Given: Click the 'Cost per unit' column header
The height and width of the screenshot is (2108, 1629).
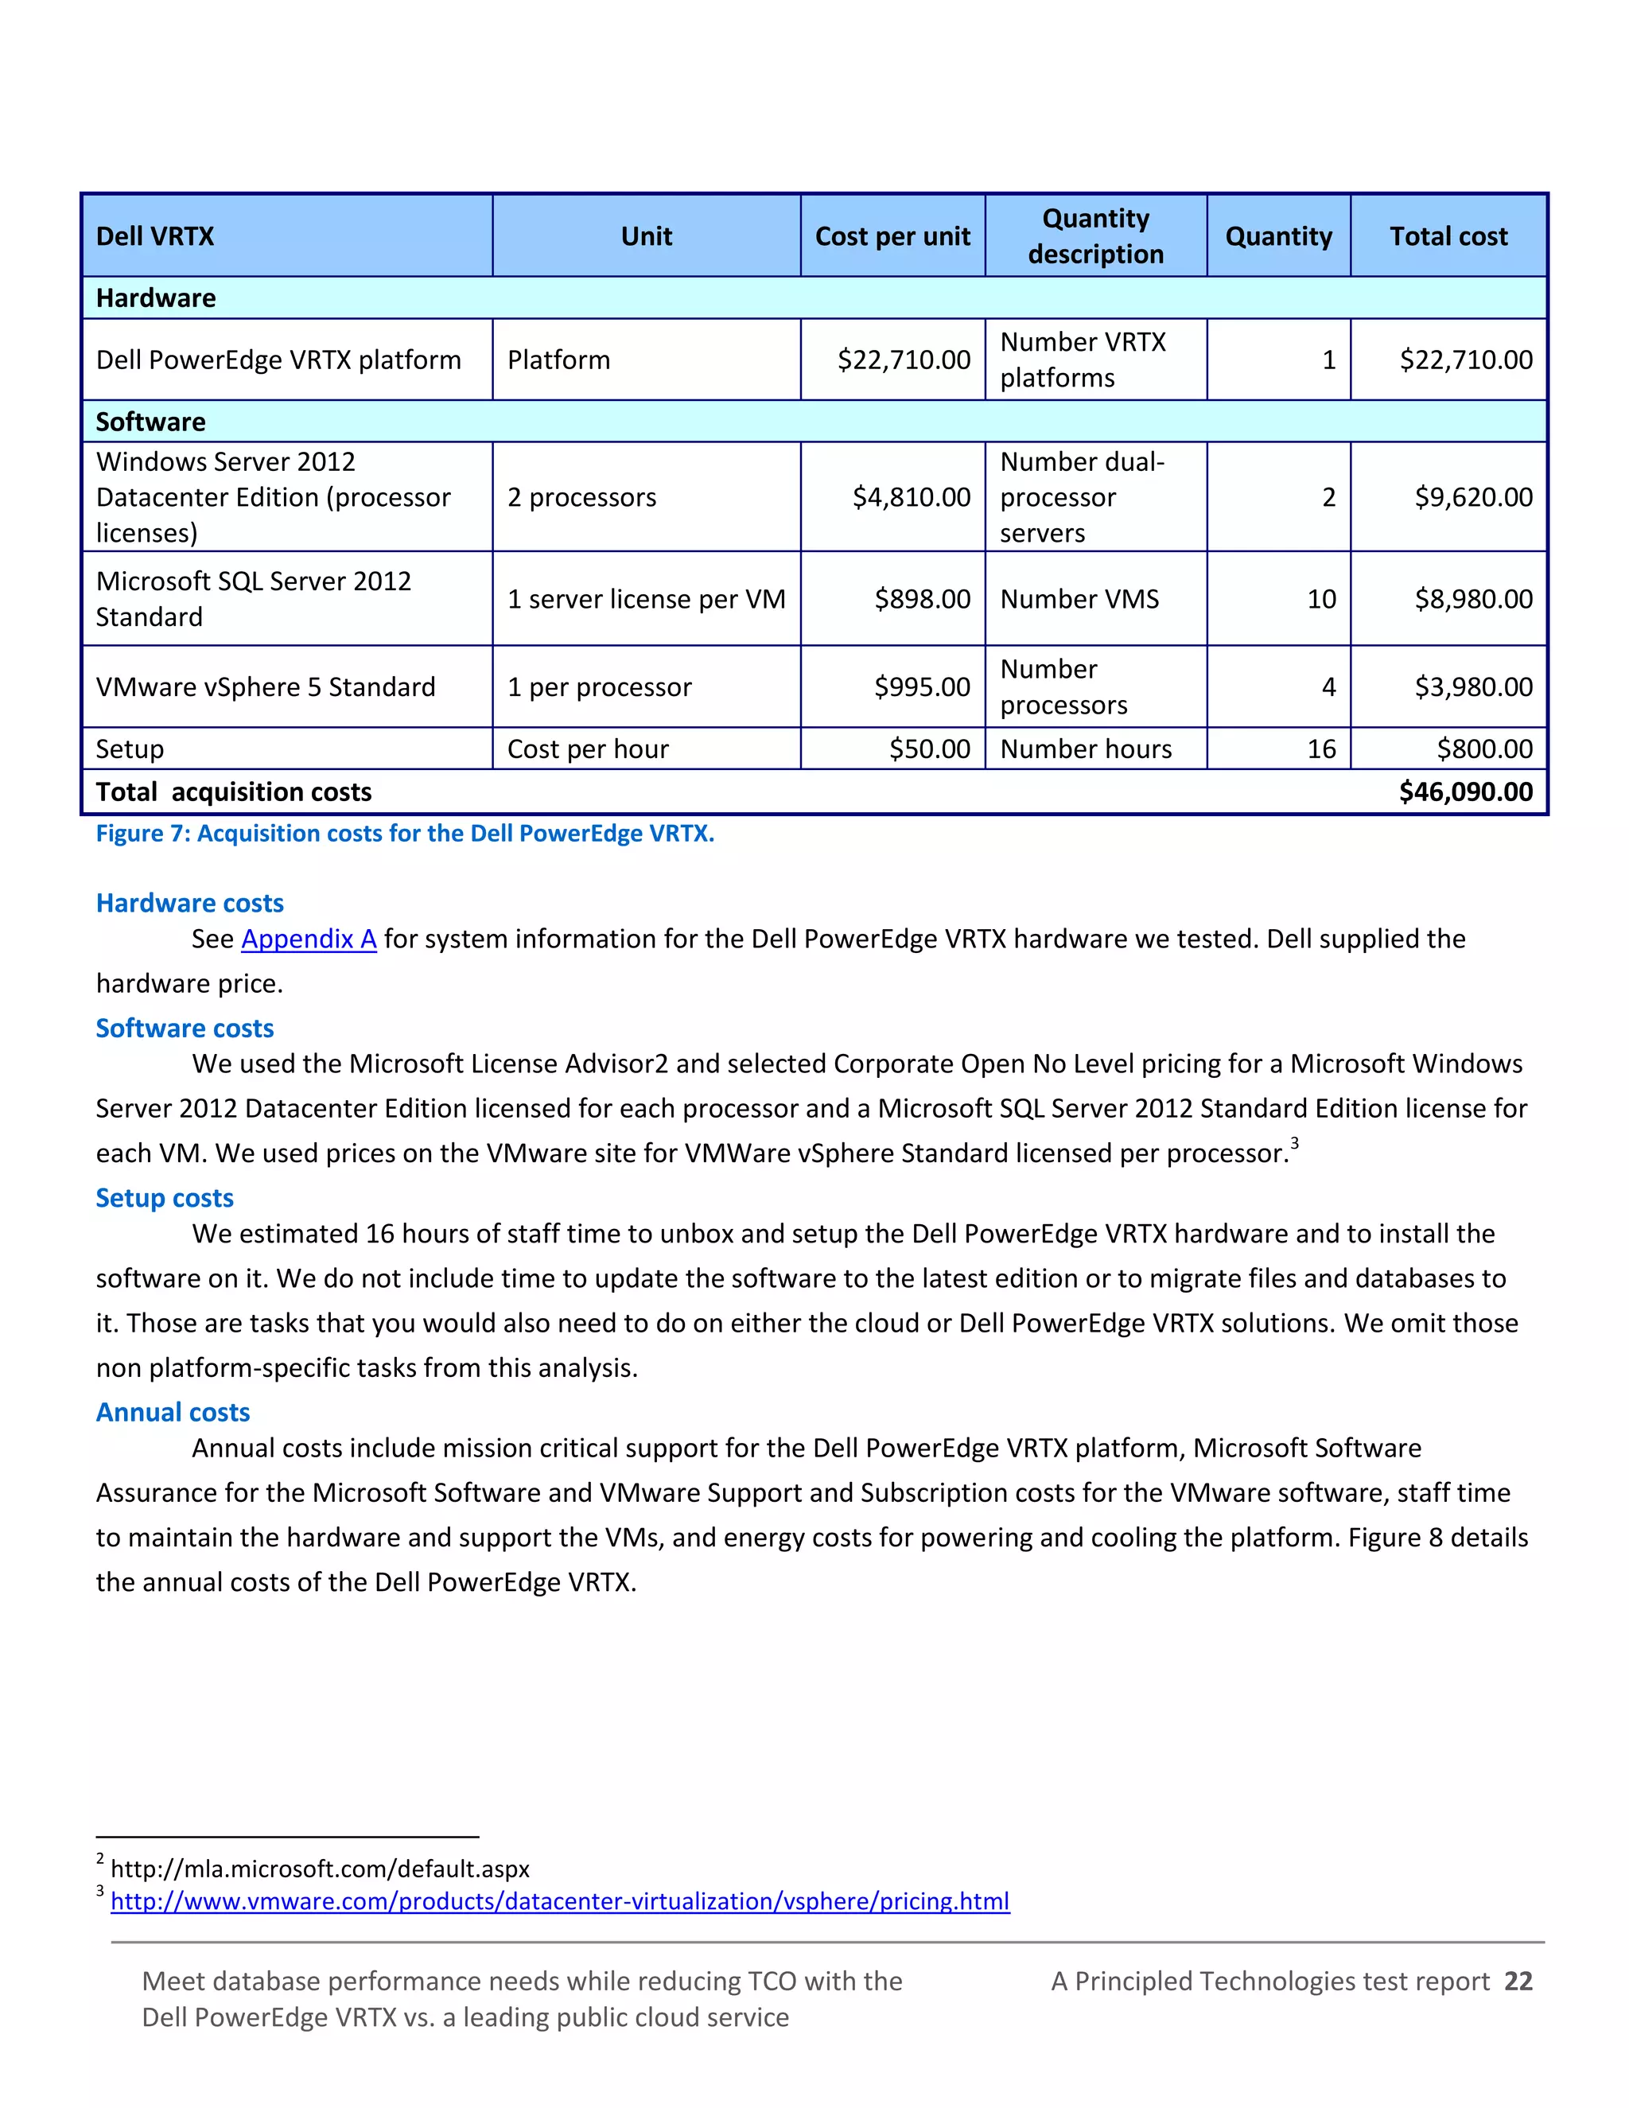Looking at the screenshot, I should tap(892, 236).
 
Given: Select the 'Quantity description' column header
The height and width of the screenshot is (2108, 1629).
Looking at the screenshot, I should tap(1095, 236).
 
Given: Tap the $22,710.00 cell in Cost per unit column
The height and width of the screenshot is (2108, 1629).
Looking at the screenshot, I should tap(904, 360).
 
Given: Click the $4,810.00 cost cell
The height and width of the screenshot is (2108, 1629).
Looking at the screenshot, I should tap(911, 497).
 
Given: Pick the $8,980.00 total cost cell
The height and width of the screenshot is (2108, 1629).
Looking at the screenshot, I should tap(1472, 600).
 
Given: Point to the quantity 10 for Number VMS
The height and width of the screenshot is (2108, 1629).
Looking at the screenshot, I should tap(1321, 600).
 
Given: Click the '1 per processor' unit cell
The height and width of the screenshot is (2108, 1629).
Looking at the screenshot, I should tap(599, 687).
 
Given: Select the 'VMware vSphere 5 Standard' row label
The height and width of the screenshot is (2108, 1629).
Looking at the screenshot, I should tap(266, 687).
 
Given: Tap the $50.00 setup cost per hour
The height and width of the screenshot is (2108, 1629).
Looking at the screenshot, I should tap(929, 749).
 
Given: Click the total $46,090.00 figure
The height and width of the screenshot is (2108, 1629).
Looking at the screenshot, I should tap(1465, 792).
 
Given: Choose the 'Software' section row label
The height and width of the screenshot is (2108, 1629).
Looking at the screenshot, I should tap(150, 422).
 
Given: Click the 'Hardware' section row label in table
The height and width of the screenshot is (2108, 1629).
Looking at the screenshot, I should tap(155, 298).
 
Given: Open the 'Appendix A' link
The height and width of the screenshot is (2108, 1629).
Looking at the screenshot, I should tap(309, 939).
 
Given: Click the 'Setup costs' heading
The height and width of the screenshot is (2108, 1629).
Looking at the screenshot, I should tap(164, 1198).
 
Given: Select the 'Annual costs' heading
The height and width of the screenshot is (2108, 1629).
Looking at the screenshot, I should tap(173, 1412).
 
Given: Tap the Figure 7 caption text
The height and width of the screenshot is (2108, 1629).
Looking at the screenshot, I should tap(404, 834).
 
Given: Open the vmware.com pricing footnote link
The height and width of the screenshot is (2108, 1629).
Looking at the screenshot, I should tap(560, 1901).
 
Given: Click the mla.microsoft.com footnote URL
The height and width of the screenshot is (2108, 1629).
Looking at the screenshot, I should tap(320, 1869).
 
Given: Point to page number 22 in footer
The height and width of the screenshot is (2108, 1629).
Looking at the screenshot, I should tap(1518, 1982).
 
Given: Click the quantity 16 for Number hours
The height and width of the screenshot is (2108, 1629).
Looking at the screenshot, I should tap(1321, 749).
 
